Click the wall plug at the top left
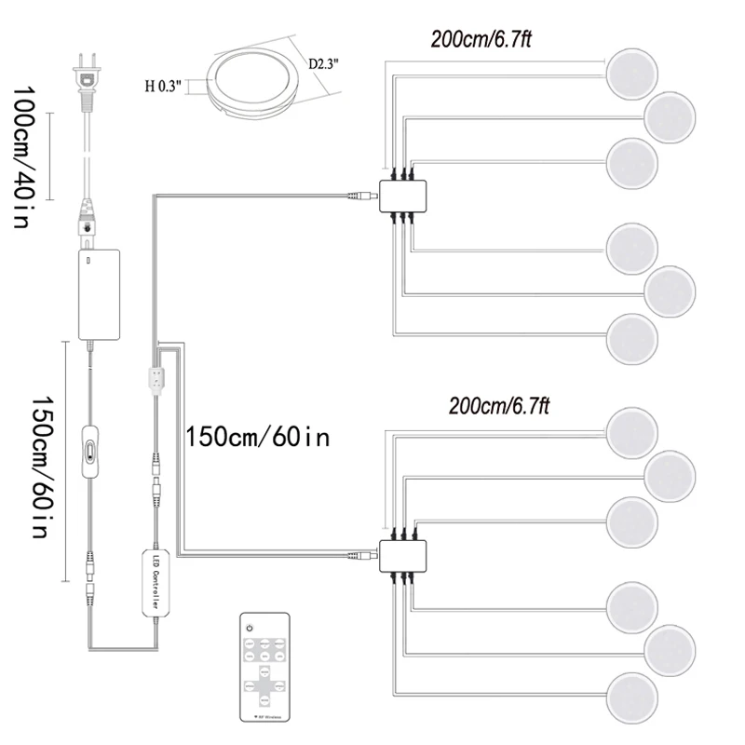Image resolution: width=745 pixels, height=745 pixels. point(85,75)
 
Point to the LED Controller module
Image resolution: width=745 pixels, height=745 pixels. point(155,582)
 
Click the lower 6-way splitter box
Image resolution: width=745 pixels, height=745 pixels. point(403,557)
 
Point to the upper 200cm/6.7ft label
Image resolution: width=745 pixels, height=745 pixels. point(481,39)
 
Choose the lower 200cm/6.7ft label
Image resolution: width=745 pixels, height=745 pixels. point(499,406)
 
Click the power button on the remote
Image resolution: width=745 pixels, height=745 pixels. point(250,630)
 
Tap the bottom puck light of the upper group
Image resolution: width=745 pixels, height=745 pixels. point(633,338)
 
